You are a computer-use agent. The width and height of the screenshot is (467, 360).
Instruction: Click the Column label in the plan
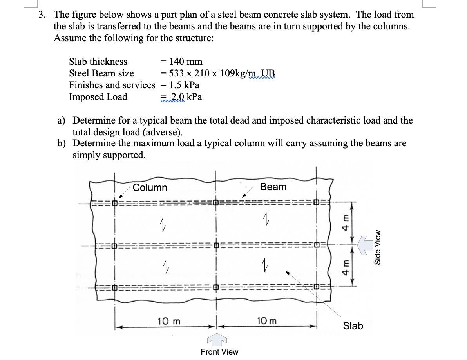150,187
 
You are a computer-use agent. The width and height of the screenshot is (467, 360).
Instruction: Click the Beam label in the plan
273,187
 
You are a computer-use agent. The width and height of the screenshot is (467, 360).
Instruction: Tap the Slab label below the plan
353,326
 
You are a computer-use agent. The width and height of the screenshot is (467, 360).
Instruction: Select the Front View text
219,352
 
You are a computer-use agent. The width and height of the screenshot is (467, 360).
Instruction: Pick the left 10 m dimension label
169,321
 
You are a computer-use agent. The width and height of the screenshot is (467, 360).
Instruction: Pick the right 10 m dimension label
267,321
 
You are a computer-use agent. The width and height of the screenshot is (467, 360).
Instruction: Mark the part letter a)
62,120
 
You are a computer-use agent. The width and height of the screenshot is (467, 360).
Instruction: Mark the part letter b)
62,144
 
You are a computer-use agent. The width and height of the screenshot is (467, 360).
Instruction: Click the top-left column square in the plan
115,203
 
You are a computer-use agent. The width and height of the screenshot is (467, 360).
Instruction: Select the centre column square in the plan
215,246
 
